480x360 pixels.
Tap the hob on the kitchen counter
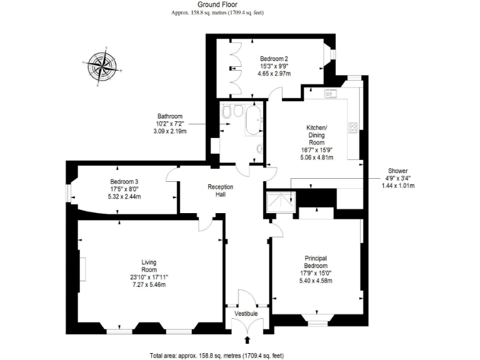(353, 127)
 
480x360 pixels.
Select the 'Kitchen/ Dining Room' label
(316, 135)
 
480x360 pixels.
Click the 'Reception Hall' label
(221, 191)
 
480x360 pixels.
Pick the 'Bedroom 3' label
(124, 182)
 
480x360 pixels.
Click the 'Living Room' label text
(149, 266)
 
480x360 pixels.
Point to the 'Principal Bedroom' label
(316, 262)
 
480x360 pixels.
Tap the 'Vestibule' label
(246, 313)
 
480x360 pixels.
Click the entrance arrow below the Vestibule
(247, 339)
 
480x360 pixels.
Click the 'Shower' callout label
(397, 171)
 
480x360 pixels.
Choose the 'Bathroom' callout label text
(170, 116)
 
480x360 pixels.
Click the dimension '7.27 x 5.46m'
(149, 285)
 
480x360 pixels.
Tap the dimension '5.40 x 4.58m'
(316, 281)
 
